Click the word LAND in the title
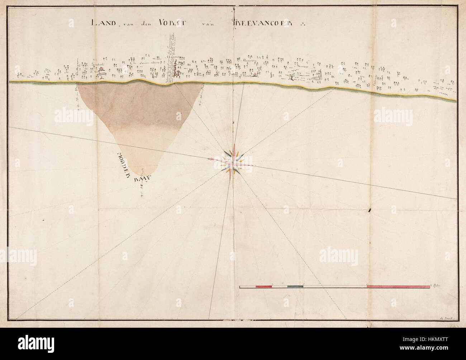point(102,23)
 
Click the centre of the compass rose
point(233,160)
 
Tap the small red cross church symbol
point(255,75)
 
